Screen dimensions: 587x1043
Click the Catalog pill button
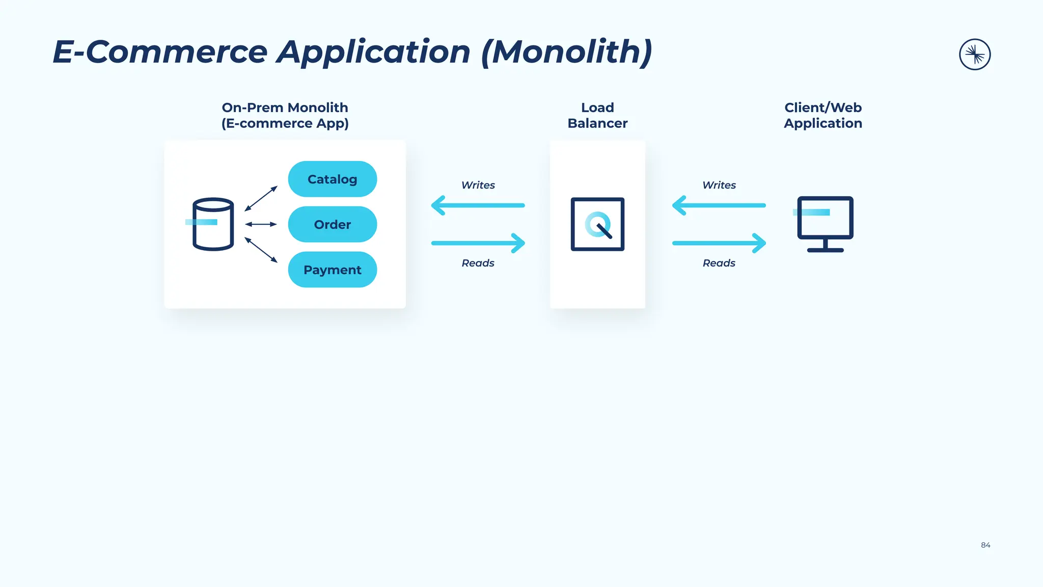pyautogui.click(x=332, y=179)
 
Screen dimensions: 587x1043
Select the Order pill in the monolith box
pyautogui.click(x=332, y=224)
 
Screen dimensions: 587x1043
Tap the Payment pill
pyautogui.click(x=332, y=270)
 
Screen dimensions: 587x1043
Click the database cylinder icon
pyautogui.click(x=213, y=225)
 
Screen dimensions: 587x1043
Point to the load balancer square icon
pyautogui.click(x=597, y=224)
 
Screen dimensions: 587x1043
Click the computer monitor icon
pyautogui.click(x=825, y=224)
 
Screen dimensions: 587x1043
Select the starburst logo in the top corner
pyautogui.click(x=974, y=55)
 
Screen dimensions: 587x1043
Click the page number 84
pyautogui.click(x=985, y=545)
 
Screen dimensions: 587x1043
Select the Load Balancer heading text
pyautogui.click(x=597, y=115)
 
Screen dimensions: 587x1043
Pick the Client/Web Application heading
pyautogui.click(x=822, y=115)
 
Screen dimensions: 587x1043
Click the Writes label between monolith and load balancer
pyautogui.click(x=478, y=185)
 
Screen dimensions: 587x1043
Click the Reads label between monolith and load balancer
pyautogui.click(x=478, y=263)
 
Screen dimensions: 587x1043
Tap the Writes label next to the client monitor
pyautogui.click(x=719, y=185)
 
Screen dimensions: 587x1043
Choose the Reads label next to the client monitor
pyautogui.click(x=719, y=263)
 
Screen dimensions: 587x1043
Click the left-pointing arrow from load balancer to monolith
pyautogui.click(x=478, y=205)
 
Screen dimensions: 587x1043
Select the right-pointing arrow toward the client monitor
pyautogui.click(x=719, y=243)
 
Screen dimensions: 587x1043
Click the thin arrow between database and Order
pyautogui.click(x=261, y=224)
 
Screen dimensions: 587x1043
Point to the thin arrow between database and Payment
pyautogui.click(x=261, y=250)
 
